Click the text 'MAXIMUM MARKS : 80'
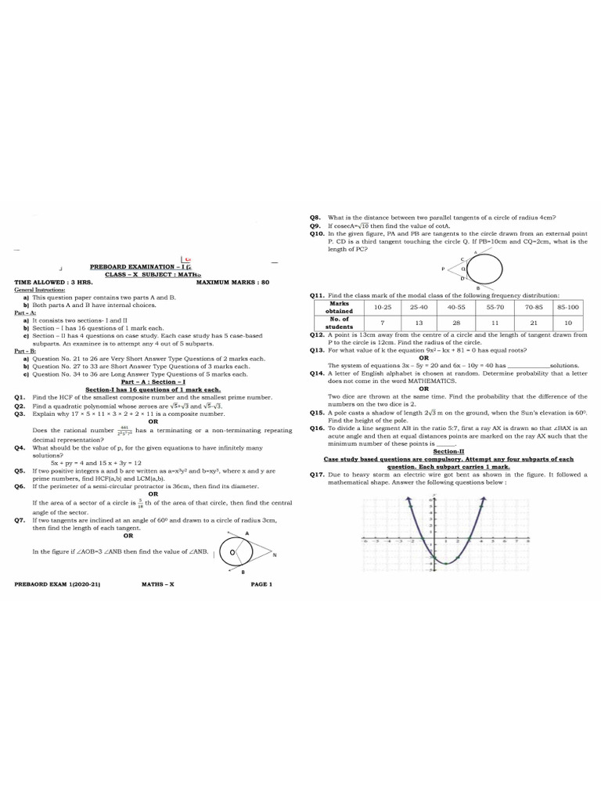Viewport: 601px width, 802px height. [232, 281]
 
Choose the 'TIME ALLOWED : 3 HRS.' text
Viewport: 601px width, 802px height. [53, 281]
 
